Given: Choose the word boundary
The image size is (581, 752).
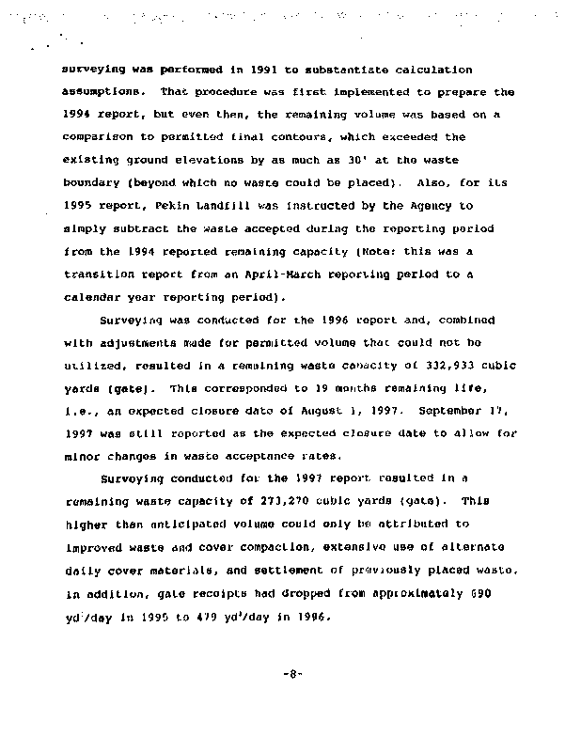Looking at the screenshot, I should coord(94,183).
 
